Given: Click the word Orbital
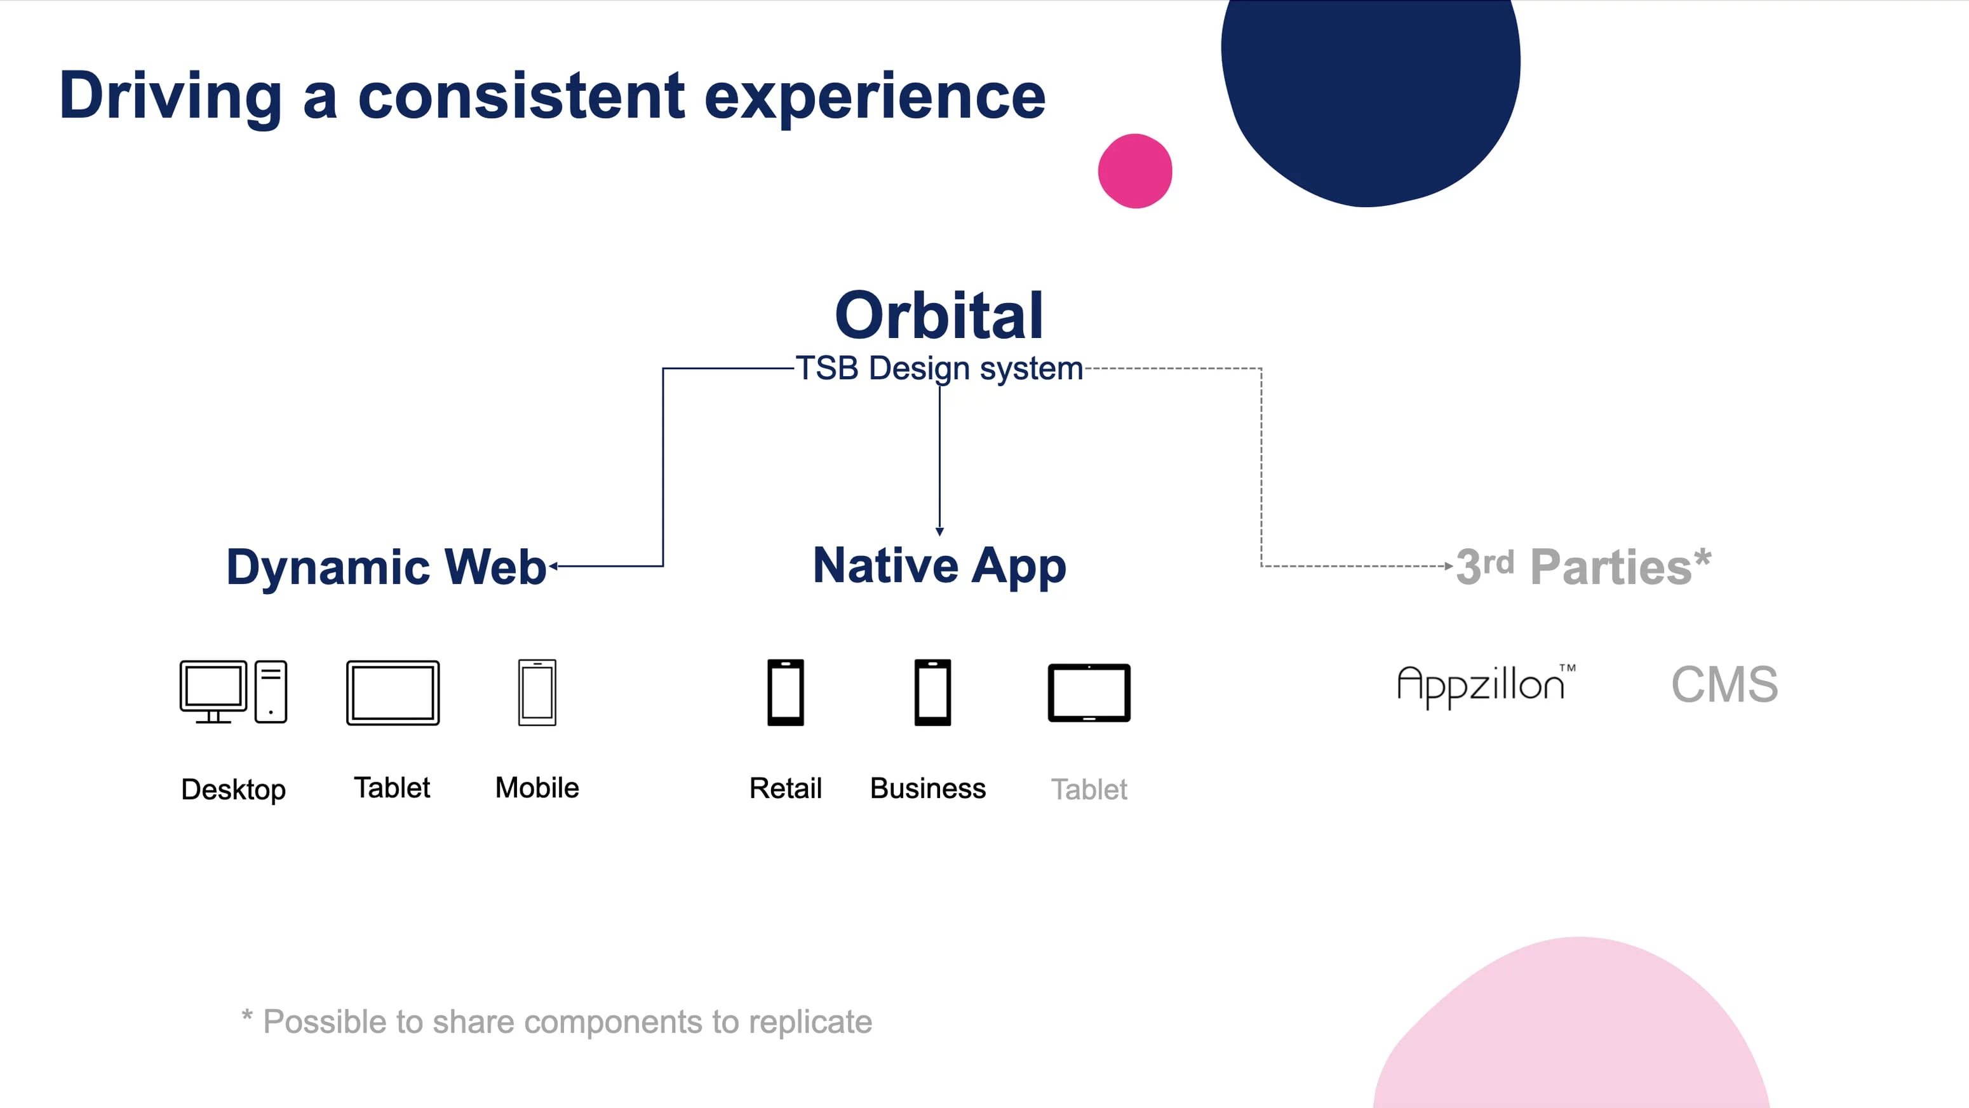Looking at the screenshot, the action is click(939, 316).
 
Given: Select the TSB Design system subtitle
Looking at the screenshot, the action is click(939, 368).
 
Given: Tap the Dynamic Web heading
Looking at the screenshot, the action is click(387, 567).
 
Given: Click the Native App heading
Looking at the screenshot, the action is click(939, 567).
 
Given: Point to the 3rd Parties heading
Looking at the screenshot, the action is click(1583, 567).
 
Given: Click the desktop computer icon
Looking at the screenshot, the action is click(233, 692).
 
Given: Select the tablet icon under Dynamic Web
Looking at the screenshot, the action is click(393, 692).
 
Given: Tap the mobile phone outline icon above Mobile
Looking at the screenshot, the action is click(537, 692).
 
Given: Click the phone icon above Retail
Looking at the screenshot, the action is click(786, 692).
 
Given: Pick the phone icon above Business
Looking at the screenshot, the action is click(932, 692).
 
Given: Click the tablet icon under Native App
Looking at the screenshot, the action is click(1089, 692).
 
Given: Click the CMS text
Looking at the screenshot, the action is click(1724, 684).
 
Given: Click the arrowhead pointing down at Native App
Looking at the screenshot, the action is click(939, 531).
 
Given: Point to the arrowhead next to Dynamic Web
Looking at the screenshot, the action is click(553, 567).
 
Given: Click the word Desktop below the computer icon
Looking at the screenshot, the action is click(233, 790).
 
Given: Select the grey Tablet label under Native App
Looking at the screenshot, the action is click(1089, 789).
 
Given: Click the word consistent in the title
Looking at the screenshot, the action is click(521, 97).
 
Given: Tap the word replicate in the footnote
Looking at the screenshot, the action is click(810, 1023).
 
